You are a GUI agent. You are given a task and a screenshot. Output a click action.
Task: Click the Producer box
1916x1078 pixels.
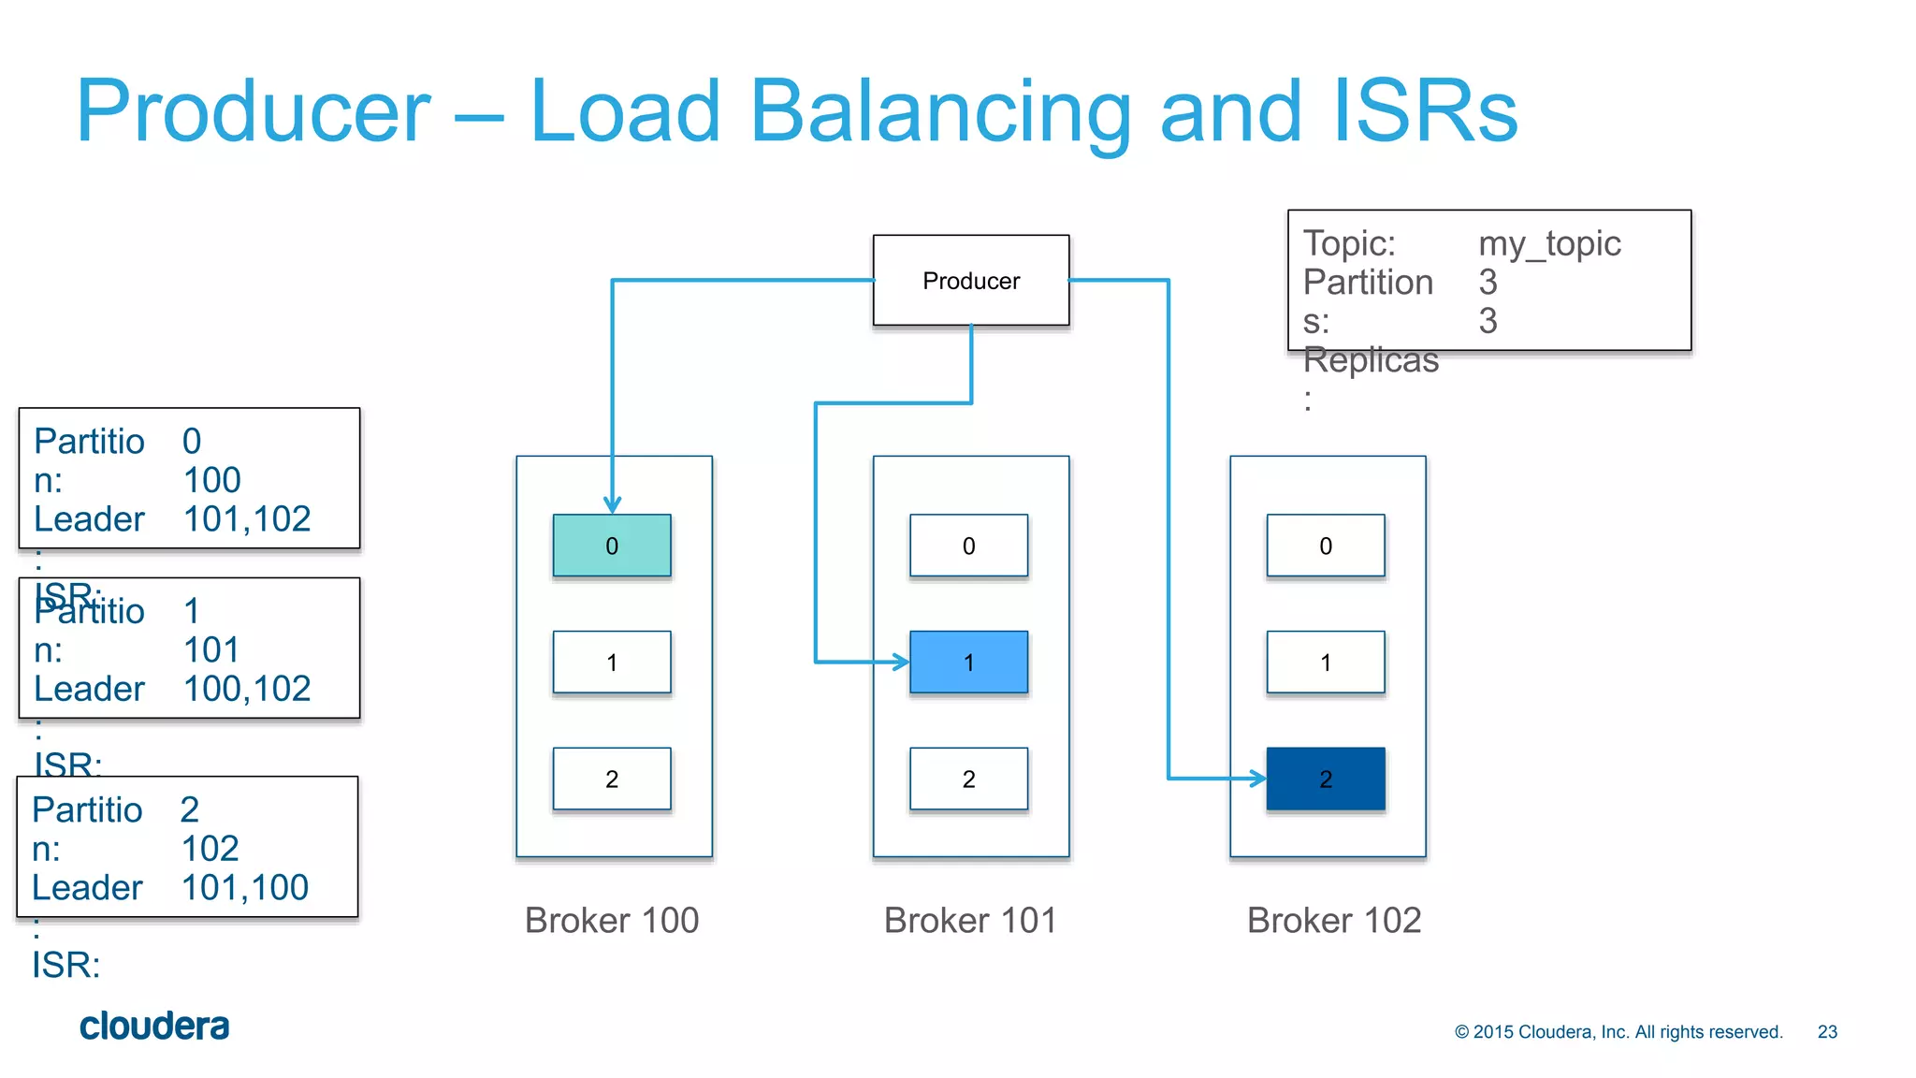pyautogui.click(x=970, y=281)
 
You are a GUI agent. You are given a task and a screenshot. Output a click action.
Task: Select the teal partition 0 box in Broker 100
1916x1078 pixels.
pyautogui.click(x=612, y=546)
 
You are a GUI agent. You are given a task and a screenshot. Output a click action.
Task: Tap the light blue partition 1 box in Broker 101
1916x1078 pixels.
pyautogui.click(x=968, y=663)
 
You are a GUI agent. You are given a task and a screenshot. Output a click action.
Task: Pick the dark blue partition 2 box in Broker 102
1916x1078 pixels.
pyautogui.click(x=1326, y=779)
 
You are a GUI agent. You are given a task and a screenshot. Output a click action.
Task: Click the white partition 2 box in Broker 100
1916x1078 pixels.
pyautogui.click(x=612, y=779)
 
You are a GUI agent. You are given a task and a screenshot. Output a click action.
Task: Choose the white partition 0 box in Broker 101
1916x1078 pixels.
pyautogui.click(x=968, y=546)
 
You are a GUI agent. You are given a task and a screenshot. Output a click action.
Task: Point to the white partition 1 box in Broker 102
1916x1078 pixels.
pyautogui.click(x=1326, y=663)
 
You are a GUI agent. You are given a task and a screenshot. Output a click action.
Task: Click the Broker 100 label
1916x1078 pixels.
pyautogui.click(x=612, y=921)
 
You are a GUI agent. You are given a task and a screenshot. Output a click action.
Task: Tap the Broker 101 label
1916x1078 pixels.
pyautogui.click(x=970, y=921)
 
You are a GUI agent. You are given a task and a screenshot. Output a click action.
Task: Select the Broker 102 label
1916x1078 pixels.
pyautogui.click(x=1334, y=921)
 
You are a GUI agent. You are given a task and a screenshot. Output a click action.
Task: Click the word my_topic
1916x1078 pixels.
pyautogui.click(x=1549, y=244)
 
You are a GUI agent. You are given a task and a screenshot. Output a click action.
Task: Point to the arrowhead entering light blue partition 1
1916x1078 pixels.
pyautogui.click(x=901, y=663)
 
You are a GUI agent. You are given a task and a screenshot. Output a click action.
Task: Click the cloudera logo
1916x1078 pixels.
pyautogui.click(x=154, y=1027)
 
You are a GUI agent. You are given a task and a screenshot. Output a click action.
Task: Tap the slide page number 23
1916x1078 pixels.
pyautogui.click(x=1827, y=1032)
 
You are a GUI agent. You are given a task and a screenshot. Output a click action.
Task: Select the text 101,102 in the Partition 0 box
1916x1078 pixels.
pyautogui.click(x=247, y=519)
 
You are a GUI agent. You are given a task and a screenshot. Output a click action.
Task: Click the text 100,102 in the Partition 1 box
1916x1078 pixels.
pyautogui.click(x=247, y=690)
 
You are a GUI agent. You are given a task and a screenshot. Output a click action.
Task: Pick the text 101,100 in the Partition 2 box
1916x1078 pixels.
pyautogui.click(x=245, y=888)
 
